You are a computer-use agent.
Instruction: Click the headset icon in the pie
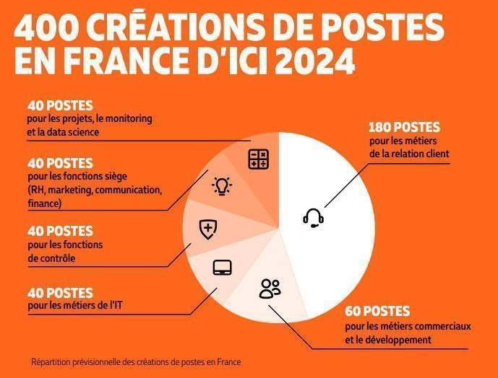[313, 217]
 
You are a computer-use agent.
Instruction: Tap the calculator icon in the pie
[258, 159]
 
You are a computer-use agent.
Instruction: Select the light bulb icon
[221, 187]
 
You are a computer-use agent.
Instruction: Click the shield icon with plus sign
[208, 229]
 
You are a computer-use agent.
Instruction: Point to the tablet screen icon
[222, 268]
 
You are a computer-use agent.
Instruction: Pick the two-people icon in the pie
[270, 289]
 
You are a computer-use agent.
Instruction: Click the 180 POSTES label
[404, 128]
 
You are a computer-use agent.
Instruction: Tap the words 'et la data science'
[63, 132]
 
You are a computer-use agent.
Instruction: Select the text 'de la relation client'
[408, 153]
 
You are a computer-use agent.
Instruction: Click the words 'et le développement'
[388, 339]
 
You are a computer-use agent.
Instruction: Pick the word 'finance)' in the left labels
[45, 203]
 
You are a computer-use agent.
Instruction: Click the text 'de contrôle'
[51, 258]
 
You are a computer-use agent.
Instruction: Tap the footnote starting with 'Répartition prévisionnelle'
[136, 362]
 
